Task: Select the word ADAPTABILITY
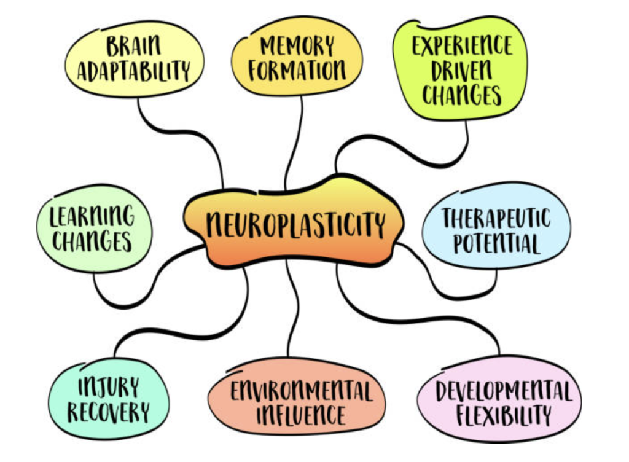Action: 133,71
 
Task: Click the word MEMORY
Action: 297,45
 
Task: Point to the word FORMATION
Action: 297,70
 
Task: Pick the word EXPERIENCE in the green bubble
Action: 462,45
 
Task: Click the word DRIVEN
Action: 461,70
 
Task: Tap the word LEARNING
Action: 92,216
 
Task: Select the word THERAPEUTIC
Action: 496,218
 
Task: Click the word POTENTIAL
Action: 496,243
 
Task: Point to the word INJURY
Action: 108,387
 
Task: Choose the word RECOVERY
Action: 108,412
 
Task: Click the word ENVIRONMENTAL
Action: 301,391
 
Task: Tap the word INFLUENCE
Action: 301,415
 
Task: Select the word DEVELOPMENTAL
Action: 504,391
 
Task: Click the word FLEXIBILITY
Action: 504,415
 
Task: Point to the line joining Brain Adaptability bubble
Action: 181,131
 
